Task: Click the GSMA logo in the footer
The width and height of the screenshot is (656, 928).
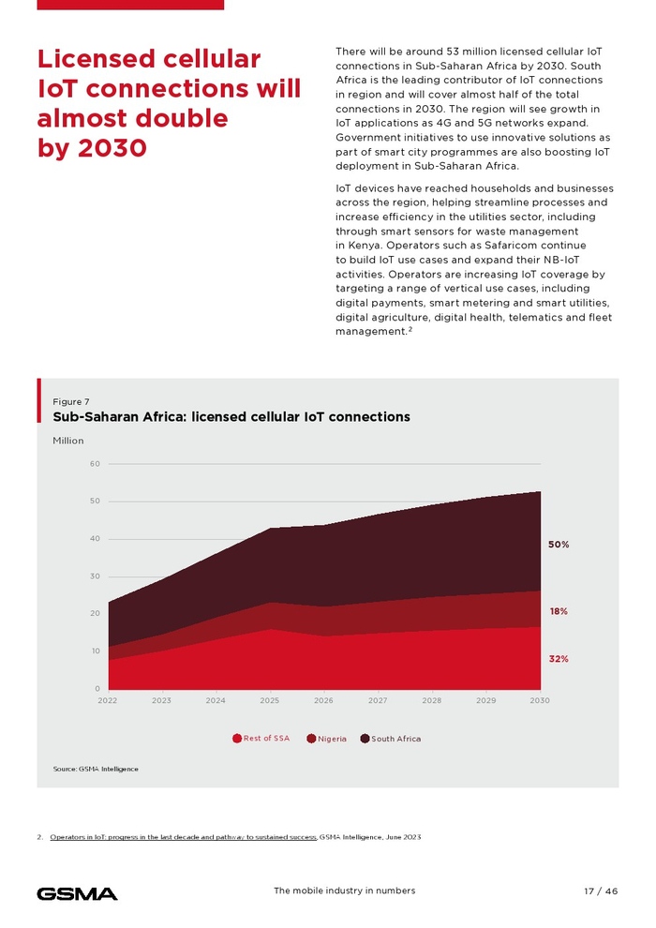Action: pyautogui.click(x=77, y=893)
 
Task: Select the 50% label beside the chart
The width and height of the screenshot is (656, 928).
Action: pyautogui.click(x=559, y=544)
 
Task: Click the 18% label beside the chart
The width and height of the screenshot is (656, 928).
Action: pyautogui.click(x=559, y=611)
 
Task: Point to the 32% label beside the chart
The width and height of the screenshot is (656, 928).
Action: pyautogui.click(x=559, y=659)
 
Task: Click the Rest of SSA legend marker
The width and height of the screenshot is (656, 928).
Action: pyautogui.click(x=237, y=739)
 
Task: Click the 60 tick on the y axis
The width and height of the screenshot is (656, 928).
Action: pyautogui.click(x=95, y=464)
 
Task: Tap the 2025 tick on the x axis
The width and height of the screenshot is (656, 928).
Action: pyautogui.click(x=270, y=700)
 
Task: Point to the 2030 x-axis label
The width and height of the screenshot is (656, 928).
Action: pyautogui.click(x=540, y=700)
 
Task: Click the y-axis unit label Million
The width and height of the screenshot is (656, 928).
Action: pyautogui.click(x=68, y=441)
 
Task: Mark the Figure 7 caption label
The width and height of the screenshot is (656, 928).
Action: pyautogui.click(x=71, y=401)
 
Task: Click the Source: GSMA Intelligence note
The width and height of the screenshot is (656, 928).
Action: pyautogui.click(x=96, y=769)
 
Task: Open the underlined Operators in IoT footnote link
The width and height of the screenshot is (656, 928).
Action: pyautogui.click(x=183, y=836)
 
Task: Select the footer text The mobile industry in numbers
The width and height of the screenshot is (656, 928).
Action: pyautogui.click(x=344, y=891)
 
